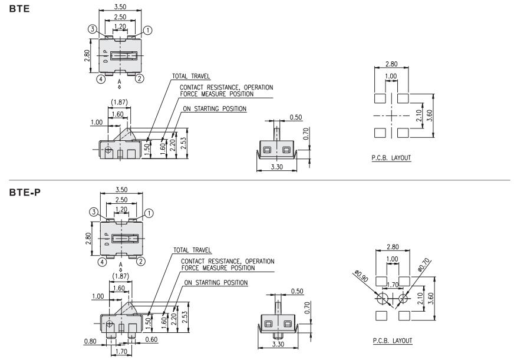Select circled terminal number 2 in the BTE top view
(140, 78)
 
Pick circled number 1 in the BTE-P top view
(149, 213)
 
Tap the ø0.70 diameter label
(424, 263)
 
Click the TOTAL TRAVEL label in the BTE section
(191, 76)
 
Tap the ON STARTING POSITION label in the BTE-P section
(216, 283)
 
